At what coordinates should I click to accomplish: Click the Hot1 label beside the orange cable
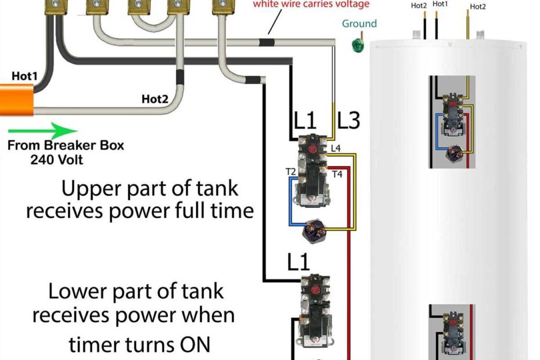coord(24,76)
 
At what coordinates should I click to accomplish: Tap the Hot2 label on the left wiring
coord(154,99)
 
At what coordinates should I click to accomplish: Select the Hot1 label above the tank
coord(440,5)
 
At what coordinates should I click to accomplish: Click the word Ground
coord(359,24)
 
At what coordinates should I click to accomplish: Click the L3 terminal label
coord(348,121)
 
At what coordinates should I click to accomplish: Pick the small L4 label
coord(336,149)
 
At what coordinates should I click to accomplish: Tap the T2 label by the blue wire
coord(290,171)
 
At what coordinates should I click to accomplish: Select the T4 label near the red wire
coord(337,174)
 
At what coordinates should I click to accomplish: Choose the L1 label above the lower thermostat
coord(298,263)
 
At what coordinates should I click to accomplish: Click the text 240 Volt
coord(56,159)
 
